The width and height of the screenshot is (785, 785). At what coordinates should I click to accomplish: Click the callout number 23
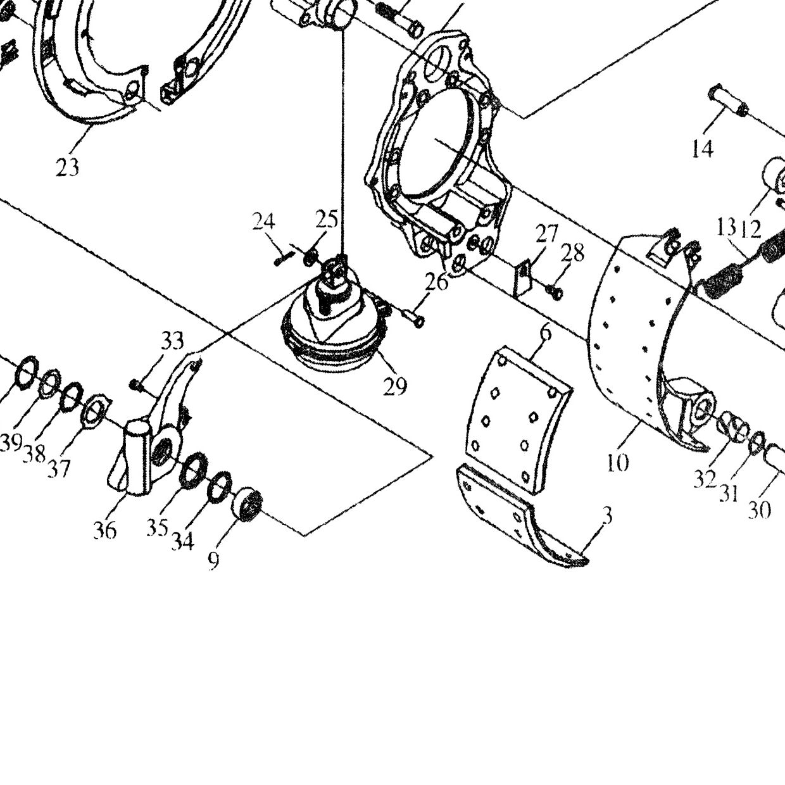(67, 167)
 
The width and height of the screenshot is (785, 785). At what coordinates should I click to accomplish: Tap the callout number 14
(703, 149)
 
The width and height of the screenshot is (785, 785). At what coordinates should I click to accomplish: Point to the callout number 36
(104, 530)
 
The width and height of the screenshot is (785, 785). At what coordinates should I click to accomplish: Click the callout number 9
(213, 562)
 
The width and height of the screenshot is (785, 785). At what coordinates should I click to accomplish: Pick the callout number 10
(618, 462)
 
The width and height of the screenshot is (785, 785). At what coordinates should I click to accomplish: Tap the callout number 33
(172, 341)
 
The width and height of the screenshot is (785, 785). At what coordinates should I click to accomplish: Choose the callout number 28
(572, 252)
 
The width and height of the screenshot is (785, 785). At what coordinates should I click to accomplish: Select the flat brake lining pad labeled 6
(519, 420)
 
